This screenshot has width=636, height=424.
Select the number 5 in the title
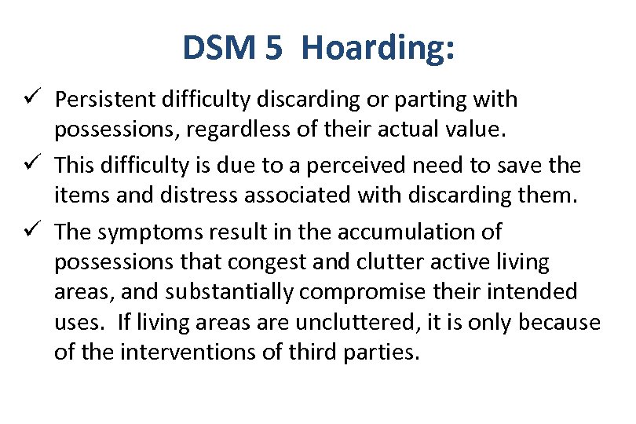[x=274, y=48]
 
